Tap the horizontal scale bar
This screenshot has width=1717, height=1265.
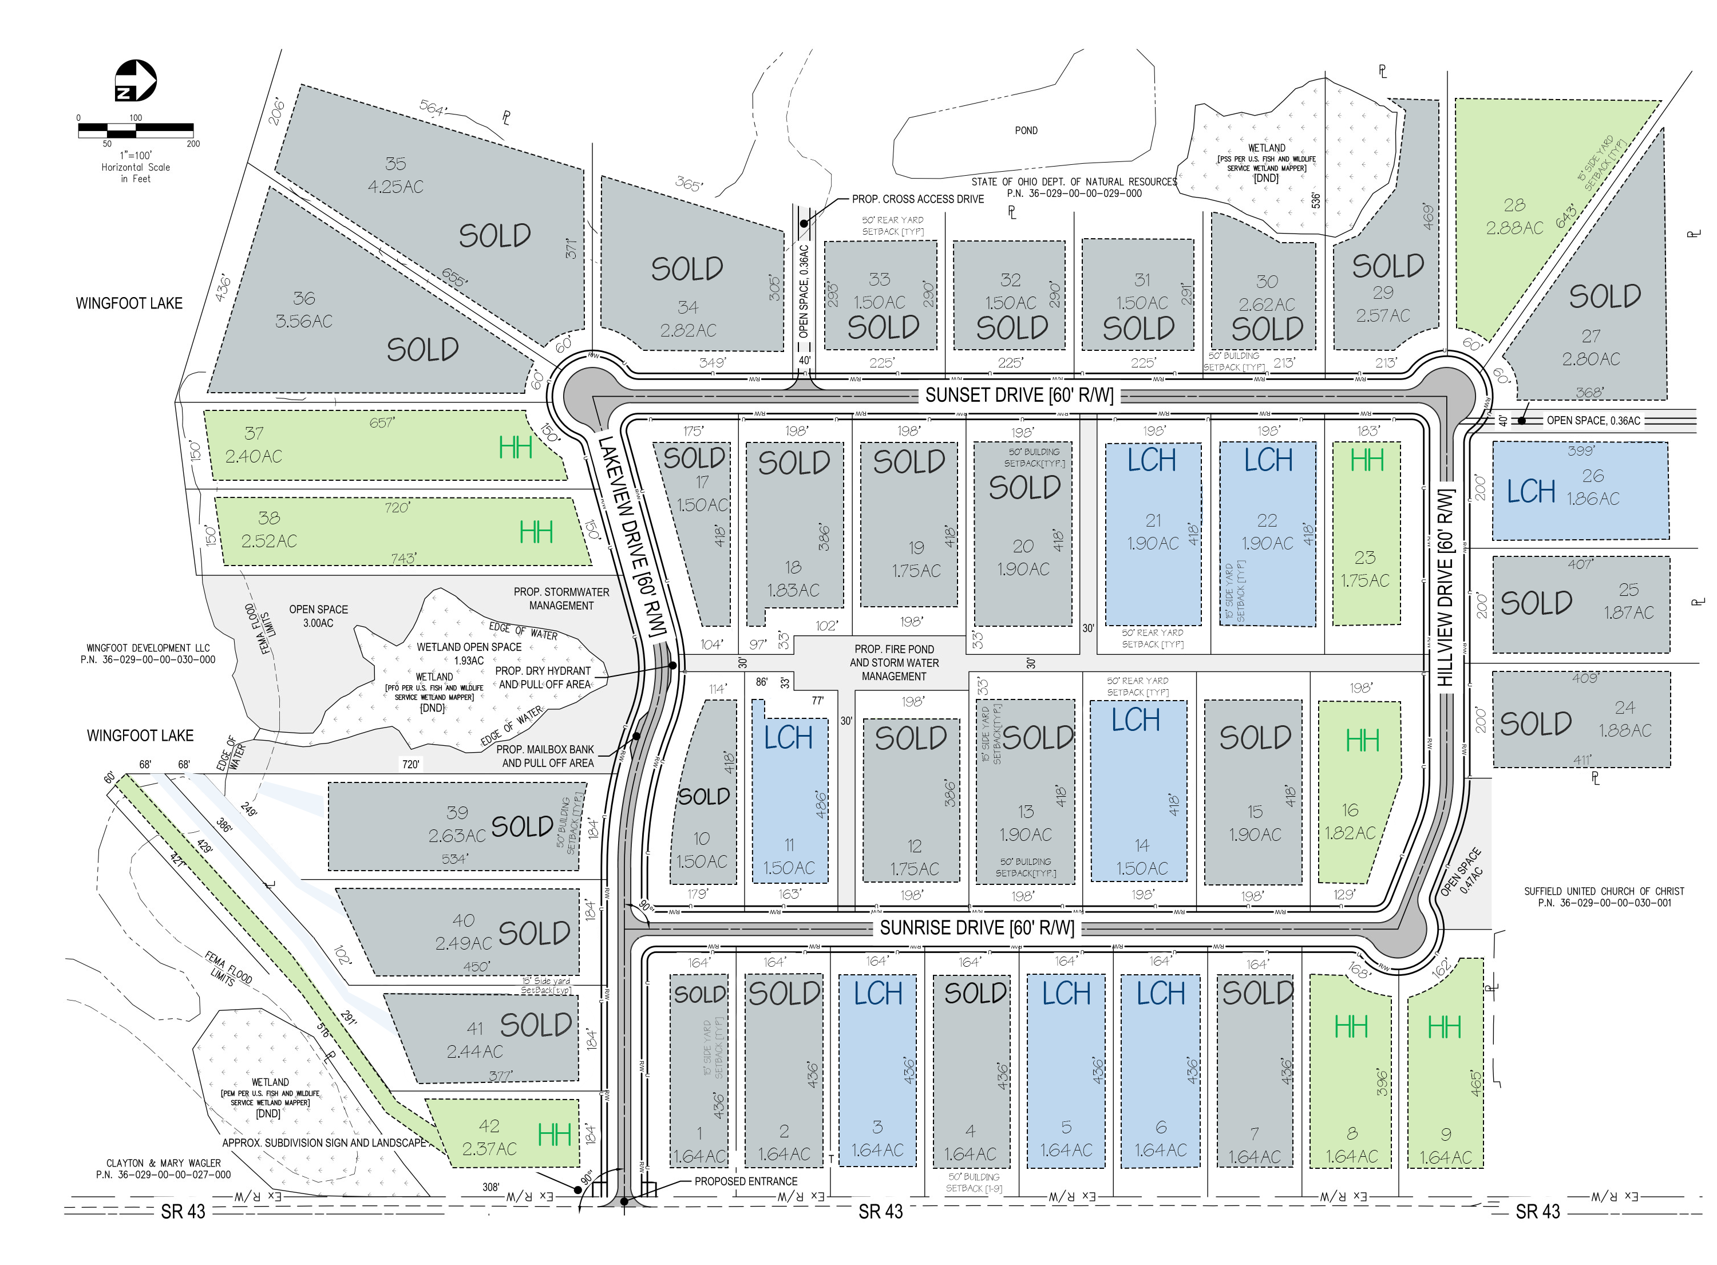pyautogui.click(x=136, y=130)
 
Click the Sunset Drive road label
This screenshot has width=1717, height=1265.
pyautogui.click(x=1019, y=395)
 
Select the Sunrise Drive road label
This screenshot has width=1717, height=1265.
pyautogui.click(x=977, y=928)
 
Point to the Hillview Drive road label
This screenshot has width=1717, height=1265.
pyautogui.click(x=1445, y=588)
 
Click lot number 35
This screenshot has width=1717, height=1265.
pyautogui.click(x=395, y=164)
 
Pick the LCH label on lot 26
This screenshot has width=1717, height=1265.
pyautogui.click(x=1531, y=492)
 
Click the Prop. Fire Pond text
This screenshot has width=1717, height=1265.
pyautogui.click(x=894, y=649)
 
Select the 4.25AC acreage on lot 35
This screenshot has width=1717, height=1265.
pyautogui.click(x=395, y=187)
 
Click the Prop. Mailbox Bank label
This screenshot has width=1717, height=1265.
pyautogui.click(x=545, y=750)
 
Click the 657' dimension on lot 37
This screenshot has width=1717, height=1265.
pyautogui.click(x=381, y=422)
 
